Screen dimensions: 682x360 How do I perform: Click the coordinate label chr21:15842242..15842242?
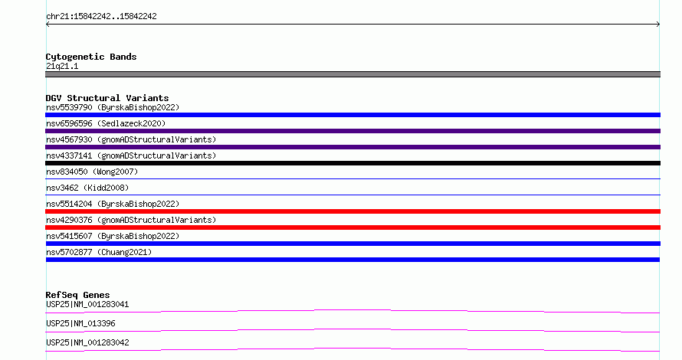[x=101, y=17]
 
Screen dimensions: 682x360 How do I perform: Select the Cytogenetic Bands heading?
[x=91, y=57]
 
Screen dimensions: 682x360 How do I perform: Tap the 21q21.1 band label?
[x=62, y=66]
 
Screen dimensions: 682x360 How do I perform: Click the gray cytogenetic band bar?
[x=352, y=74]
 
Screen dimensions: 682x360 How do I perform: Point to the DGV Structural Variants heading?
[x=107, y=98]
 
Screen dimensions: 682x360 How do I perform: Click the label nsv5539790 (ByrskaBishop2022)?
[x=113, y=107]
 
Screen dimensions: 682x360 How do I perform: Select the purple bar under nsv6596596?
[x=352, y=131]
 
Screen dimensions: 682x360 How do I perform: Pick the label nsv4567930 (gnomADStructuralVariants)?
[x=131, y=139]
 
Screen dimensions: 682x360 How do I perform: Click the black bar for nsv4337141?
[x=352, y=163]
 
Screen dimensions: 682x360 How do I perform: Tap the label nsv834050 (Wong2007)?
[x=92, y=172]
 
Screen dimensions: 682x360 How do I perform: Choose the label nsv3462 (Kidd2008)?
[x=87, y=188]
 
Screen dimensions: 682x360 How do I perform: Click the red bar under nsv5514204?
[x=352, y=211]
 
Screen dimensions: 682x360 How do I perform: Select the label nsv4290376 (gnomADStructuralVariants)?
[x=131, y=220]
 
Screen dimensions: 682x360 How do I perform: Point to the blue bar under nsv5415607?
[x=352, y=244]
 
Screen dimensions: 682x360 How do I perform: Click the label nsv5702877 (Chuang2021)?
[x=99, y=252]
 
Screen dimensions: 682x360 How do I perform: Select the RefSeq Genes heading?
[x=77, y=295]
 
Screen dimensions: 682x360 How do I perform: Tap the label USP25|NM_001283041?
[x=87, y=304]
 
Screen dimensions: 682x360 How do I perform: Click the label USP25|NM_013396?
[x=80, y=323]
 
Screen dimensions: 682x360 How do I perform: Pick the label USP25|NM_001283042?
[x=87, y=342]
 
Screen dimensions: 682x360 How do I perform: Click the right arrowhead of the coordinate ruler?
[x=658, y=25]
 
